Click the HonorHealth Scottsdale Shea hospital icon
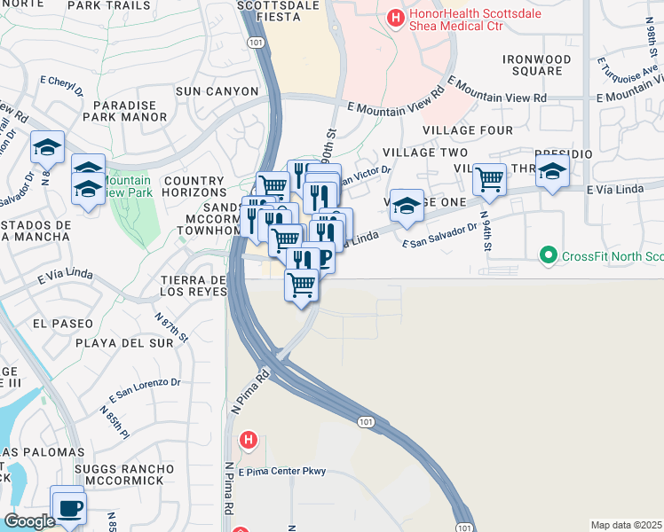coord(394,16)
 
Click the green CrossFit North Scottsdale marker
coord(549,256)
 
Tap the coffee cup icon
coord(68,508)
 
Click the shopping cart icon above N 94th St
coord(489,180)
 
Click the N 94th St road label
coord(486,227)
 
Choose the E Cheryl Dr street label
coord(61,85)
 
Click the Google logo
coord(29,521)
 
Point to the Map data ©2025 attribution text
coord(627,525)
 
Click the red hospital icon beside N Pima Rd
coord(249,440)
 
